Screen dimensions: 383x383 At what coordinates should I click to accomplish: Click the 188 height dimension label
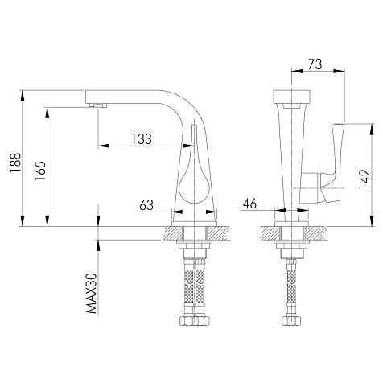click(15, 163)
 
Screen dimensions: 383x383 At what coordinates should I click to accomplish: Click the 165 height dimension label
click(40, 171)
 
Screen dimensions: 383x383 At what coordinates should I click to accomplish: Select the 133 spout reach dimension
click(142, 138)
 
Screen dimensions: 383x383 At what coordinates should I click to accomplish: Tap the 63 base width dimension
click(146, 205)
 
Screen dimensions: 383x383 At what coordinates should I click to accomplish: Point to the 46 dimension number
click(249, 204)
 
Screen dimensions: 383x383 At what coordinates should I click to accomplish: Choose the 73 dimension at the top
click(315, 64)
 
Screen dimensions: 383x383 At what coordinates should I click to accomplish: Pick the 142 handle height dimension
click(364, 179)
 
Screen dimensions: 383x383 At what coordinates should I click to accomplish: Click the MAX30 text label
click(92, 293)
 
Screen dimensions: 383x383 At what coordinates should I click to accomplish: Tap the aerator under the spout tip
click(98, 105)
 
